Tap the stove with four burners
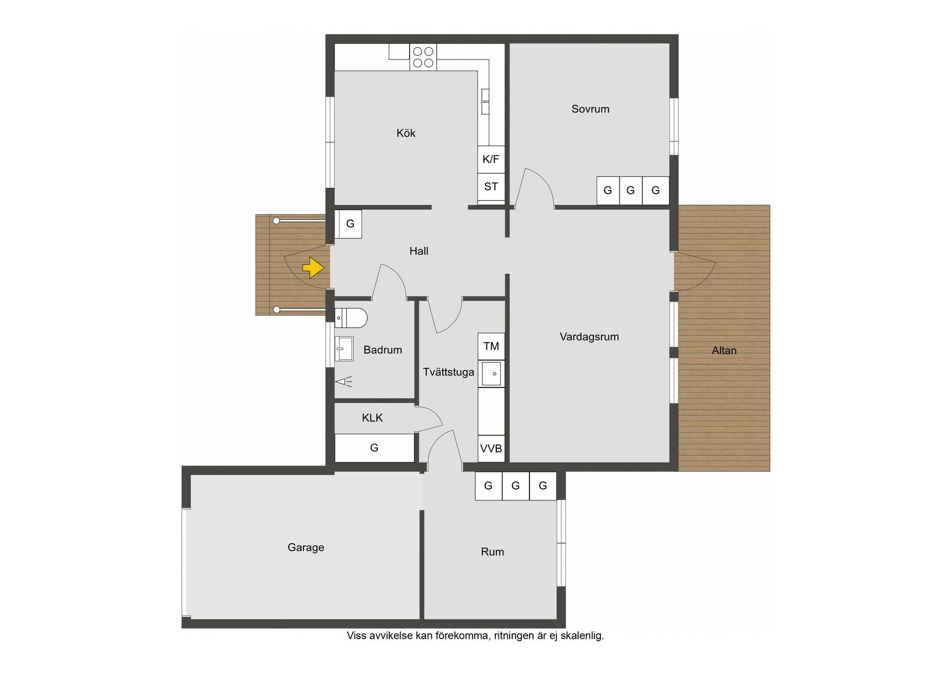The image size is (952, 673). pyautogui.click(x=423, y=57)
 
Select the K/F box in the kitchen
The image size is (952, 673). pyautogui.click(x=491, y=159)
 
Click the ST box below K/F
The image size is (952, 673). pyautogui.click(x=491, y=186)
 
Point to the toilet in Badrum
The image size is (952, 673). pyautogui.click(x=351, y=318)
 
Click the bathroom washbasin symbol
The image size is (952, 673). pyautogui.click(x=344, y=349)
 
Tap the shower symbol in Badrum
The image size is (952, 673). pyautogui.click(x=344, y=381)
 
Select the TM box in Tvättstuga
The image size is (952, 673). pyautogui.click(x=491, y=346)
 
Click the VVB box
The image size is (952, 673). pyautogui.click(x=491, y=448)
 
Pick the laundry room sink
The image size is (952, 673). pyautogui.click(x=491, y=373)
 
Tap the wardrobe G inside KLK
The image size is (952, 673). pyautogui.click(x=374, y=448)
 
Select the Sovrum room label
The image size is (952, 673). pyautogui.click(x=590, y=109)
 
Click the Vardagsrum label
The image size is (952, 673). pyautogui.click(x=589, y=337)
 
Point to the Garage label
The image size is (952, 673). pyautogui.click(x=306, y=548)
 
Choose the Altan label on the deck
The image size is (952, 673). pyautogui.click(x=724, y=351)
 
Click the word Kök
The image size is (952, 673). pyautogui.click(x=406, y=133)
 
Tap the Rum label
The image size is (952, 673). pyautogui.click(x=492, y=551)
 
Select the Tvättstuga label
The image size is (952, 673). pyautogui.click(x=448, y=372)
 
